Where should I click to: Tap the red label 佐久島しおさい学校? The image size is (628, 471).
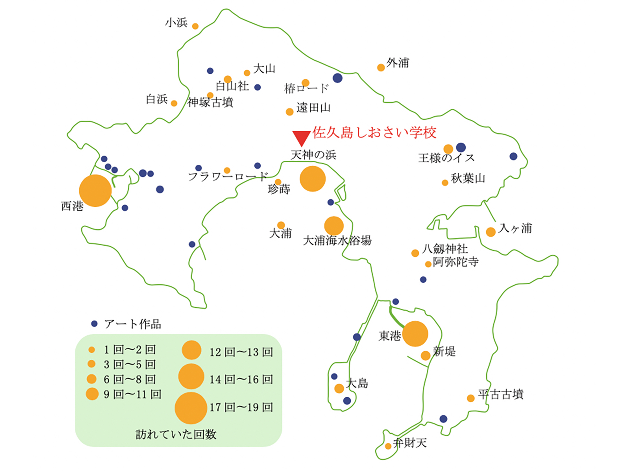(x=374, y=133)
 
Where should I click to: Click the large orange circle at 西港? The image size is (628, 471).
(x=95, y=190)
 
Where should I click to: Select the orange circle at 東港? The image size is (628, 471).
(x=415, y=334)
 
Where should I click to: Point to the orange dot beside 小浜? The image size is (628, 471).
(x=195, y=26)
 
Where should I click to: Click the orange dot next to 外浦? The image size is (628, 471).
(x=381, y=67)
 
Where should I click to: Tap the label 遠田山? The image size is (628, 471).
(x=313, y=108)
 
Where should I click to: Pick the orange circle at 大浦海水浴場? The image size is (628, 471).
(x=334, y=226)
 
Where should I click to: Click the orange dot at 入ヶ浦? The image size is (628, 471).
(x=491, y=232)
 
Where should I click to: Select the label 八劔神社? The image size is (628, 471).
(x=445, y=249)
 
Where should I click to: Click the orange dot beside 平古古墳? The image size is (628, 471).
(x=471, y=398)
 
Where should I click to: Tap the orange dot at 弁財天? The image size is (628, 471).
(x=388, y=446)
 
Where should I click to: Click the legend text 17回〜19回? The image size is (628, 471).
(x=241, y=407)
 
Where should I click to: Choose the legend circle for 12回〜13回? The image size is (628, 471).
(x=191, y=350)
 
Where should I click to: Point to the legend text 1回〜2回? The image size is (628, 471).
(x=129, y=350)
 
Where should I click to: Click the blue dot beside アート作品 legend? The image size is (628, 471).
(x=94, y=324)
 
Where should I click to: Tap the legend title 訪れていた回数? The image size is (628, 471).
(x=176, y=434)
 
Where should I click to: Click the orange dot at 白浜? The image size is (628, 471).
(x=174, y=103)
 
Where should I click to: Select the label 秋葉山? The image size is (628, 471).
(x=468, y=179)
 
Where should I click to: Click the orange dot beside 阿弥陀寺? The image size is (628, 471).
(x=428, y=264)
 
